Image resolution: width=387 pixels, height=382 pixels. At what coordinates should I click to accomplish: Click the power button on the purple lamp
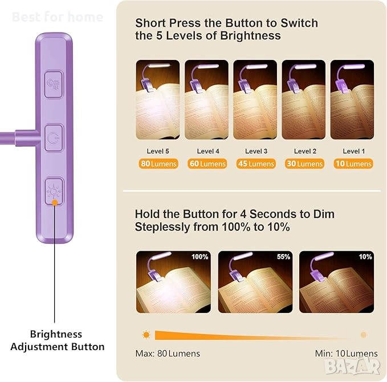[54, 138]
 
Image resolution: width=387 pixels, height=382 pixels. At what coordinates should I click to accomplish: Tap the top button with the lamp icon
[54, 85]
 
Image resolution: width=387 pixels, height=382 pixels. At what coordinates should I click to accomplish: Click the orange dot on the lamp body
[55, 203]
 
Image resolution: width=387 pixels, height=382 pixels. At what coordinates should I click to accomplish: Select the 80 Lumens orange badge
[158, 164]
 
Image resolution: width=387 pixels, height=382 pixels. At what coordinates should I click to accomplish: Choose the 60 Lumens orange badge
[207, 164]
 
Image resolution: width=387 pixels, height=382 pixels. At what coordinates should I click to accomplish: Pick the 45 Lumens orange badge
[256, 164]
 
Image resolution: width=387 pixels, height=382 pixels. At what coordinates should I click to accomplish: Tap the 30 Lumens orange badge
[304, 164]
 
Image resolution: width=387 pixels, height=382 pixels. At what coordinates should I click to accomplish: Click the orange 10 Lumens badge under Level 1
[353, 164]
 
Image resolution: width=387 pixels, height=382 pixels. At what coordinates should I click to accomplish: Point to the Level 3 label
[256, 151]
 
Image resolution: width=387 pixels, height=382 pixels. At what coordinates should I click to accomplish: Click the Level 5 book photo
[158, 100]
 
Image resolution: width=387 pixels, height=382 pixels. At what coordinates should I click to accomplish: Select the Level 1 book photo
[352, 100]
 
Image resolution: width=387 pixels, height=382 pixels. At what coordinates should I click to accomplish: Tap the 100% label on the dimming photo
[200, 257]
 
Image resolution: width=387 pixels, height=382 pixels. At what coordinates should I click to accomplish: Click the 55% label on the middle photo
[283, 257]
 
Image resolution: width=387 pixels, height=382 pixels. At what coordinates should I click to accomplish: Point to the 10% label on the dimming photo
[365, 257]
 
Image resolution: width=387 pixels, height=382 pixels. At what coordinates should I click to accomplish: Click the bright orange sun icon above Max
[146, 335]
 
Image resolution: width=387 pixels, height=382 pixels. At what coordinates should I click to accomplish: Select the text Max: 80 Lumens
[168, 353]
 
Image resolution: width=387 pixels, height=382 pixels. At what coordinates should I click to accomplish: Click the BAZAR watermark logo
[352, 366]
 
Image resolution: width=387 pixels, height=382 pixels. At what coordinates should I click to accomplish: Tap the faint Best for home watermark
[58, 17]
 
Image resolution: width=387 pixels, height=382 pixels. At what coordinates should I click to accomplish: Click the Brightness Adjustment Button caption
[57, 340]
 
